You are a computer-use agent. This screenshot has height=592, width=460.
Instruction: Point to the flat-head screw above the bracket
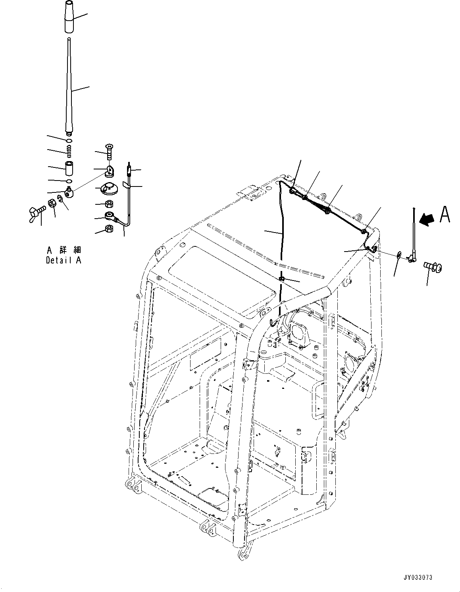pos(110,151)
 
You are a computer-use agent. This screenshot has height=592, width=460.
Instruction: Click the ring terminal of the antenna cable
pos(110,216)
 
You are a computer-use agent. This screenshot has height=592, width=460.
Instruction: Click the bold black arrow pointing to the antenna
pos(428,219)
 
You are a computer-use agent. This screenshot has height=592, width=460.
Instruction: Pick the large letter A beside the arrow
pos(445,215)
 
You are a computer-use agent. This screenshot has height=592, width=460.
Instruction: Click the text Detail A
pos(64,261)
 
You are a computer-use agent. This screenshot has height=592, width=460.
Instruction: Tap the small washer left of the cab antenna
pos(398,255)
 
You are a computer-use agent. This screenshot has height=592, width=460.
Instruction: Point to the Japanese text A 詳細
pos(64,250)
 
